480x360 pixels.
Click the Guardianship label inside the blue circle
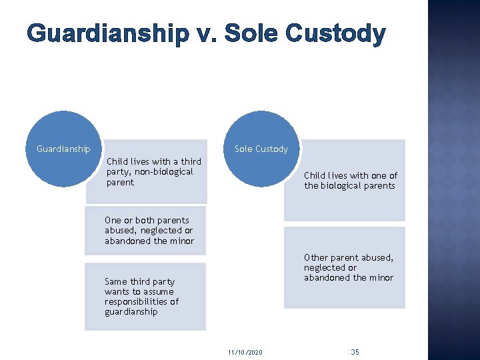pos(63,149)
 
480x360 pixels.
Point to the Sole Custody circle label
pos(261,149)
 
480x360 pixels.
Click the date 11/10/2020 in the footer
pos(245,351)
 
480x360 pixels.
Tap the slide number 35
pos(355,351)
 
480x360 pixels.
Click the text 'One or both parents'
pos(147,220)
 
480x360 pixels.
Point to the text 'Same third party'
pos(140,281)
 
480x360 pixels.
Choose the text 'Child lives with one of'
pos(351,175)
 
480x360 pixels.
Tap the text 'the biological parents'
pos(349,185)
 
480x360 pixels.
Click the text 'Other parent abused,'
pos(349,257)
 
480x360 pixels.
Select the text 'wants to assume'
pos(139,291)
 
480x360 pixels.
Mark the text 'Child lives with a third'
pos(153,161)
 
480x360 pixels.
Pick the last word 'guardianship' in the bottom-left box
pos(131,311)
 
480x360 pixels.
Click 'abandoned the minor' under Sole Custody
pos(349,277)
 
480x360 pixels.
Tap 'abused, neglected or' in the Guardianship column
pos(148,230)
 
